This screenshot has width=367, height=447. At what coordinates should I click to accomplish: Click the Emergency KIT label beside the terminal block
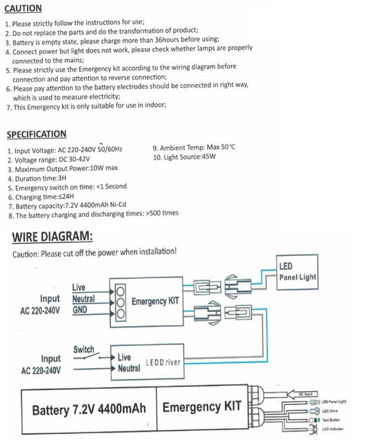(155, 301)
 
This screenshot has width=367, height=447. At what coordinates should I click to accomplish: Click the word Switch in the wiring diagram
(84, 349)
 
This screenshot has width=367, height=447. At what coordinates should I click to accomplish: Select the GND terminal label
(80, 310)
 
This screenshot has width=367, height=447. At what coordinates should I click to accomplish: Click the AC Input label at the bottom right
(307, 394)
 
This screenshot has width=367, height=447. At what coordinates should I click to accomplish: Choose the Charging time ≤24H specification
(46, 196)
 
